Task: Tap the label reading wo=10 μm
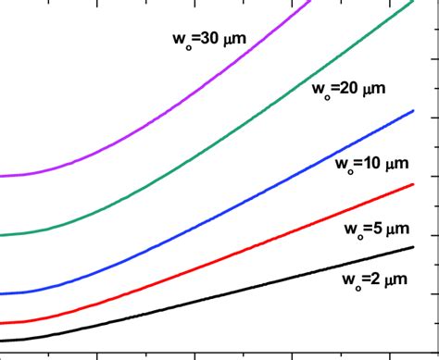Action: [x=370, y=165]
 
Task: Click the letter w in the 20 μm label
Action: [x=319, y=90]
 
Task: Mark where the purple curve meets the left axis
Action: [x=2, y=176]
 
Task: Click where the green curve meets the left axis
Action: [x=2, y=235]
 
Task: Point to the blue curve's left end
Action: [x=2, y=294]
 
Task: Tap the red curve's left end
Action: [x=2, y=324]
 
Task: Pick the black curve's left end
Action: [x=2, y=341]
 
